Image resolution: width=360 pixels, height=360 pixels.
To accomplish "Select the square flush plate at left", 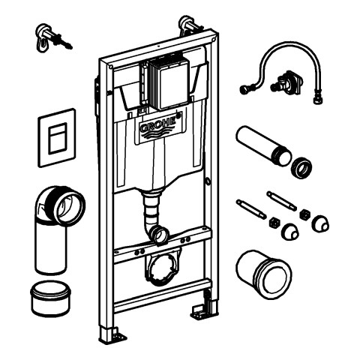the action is click(x=57, y=137).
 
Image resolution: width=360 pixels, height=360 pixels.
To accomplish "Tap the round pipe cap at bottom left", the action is click(x=50, y=298).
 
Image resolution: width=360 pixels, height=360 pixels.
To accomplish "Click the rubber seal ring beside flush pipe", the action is click(x=301, y=168).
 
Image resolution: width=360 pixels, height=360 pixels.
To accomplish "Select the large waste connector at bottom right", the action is click(x=263, y=274).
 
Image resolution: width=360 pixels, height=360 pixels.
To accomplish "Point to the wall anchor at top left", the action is click(x=53, y=37).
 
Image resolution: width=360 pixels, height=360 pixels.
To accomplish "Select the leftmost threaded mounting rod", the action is click(x=251, y=208).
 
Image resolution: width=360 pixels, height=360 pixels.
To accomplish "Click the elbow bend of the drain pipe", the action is click(x=59, y=205).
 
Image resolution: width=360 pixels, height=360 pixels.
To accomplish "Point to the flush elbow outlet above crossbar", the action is click(x=160, y=235).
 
